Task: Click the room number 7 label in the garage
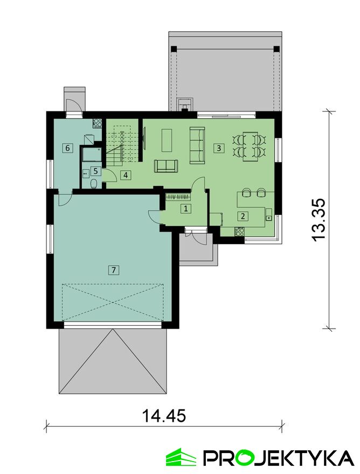tap(114, 270)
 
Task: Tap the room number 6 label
tap(67, 148)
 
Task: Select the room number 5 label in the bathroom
tap(95, 171)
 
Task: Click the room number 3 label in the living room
tap(218, 148)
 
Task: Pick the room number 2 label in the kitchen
tap(243, 216)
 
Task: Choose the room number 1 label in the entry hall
tap(186, 208)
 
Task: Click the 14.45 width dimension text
tap(164, 416)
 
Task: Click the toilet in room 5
tap(94, 183)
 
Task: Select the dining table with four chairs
tap(250, 147)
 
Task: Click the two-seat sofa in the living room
tap(166, 166)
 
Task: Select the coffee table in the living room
tap(167, 140)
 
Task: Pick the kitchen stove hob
tap(240, 231)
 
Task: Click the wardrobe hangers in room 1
tap(178, 197)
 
